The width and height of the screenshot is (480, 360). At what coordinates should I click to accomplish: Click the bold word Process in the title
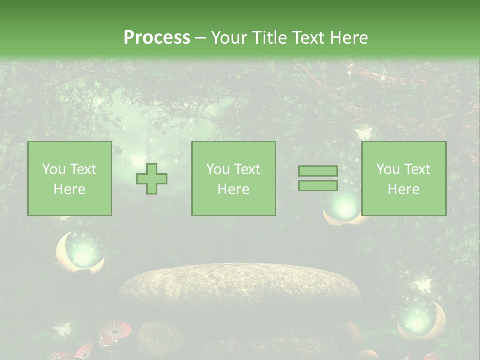(157, 38)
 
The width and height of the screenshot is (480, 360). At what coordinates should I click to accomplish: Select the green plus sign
(152, 179)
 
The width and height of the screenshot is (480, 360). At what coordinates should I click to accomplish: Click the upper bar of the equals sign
(318, 171)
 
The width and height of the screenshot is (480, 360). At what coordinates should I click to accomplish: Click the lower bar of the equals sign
(318, 186)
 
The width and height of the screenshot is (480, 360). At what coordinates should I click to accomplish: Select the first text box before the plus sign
(70, 179)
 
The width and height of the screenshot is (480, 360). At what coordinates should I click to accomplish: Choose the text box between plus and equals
(233, 179)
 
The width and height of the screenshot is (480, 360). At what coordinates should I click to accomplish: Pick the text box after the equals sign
(404, 179)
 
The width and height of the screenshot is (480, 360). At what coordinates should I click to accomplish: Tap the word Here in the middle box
(233, 189)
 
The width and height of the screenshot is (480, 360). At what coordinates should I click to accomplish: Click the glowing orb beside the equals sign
(345, 206)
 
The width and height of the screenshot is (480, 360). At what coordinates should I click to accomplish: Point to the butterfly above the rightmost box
(363, 134)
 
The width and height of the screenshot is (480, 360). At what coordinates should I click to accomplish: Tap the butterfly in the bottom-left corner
(63, 329)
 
